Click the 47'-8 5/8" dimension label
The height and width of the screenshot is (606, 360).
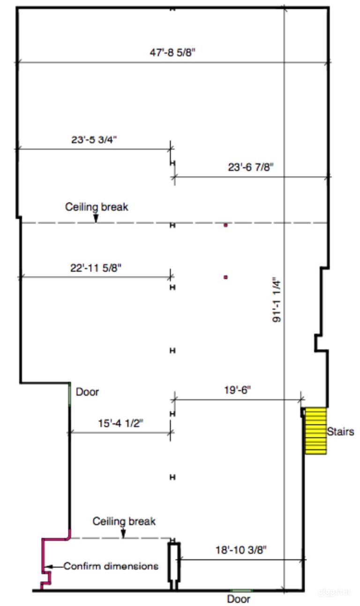pos(172,52)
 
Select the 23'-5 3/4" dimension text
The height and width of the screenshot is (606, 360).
pos(94,140)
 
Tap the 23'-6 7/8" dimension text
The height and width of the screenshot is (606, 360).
pos(251,167)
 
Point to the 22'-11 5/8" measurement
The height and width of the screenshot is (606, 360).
pos(96,268)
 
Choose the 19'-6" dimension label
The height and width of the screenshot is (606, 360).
pos(237,390)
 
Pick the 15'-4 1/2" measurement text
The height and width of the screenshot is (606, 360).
pos(120,423)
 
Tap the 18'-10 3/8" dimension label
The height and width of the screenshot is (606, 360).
pos(241,550)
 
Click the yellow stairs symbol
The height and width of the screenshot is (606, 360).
pos(315,431)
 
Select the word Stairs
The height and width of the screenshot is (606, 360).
pos(340,432)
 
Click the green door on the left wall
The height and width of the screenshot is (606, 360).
pos(69,395)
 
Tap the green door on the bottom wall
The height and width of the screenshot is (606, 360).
pos(241,590)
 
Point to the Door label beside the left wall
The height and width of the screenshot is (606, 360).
pos(87,392)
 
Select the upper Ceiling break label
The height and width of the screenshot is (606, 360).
pos(97,207)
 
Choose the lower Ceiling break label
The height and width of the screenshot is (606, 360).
pos(124,521)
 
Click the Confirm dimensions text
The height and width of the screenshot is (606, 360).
pos(111,566)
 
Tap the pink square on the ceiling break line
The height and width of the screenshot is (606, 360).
pos(225,225)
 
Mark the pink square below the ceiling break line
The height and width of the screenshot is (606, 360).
pos(225,277)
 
